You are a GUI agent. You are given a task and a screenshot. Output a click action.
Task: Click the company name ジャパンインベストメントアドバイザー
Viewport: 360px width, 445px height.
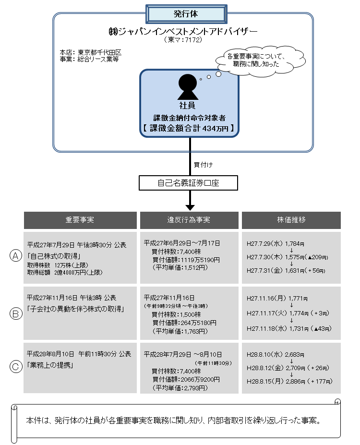pyautogui.click(x=183, y=31)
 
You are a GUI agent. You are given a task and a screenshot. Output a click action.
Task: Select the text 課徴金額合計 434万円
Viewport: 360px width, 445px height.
pyautogui.click(x=189, y=128)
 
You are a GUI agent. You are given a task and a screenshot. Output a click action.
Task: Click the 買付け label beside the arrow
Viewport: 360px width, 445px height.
pyautogui.click(x=204, y=165)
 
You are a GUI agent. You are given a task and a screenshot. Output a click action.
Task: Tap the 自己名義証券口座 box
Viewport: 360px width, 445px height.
pyautogui.click(x=188, y=183)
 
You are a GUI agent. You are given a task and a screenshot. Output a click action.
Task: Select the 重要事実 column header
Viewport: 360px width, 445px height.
pyautogui.click(x=80, y=220)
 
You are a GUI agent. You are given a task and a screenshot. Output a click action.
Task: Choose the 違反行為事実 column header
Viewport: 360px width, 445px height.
pyautogui.click(x=189, y=220)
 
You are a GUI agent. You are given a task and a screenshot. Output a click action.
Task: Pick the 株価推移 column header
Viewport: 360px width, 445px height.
pyautogui.click(x=291, y=220)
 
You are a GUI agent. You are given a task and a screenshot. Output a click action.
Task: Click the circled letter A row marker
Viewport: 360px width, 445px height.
pyautogui.click(x=15, y=256)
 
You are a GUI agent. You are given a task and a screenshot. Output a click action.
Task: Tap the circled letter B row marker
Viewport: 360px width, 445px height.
pyautogui.click(x=15, y=313)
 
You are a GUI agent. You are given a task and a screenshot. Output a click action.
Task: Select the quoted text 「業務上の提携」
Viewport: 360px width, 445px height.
pyautogui.click(x=50, y=364)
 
